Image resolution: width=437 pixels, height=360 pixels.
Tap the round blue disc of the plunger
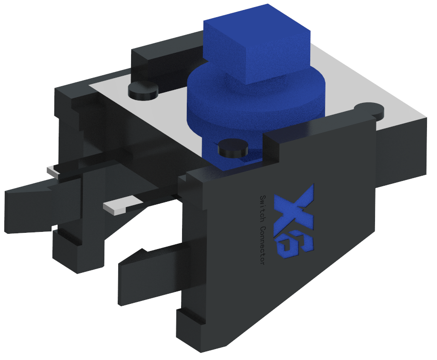click(214, 102)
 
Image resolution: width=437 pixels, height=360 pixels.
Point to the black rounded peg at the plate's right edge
click(370, 110)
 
